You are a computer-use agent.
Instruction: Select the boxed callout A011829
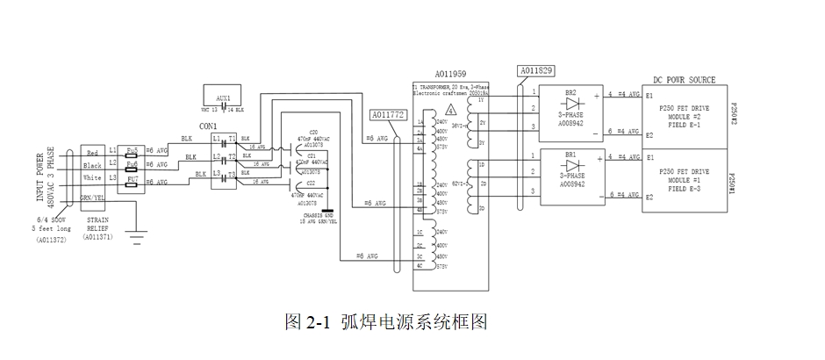(x=536, y=69)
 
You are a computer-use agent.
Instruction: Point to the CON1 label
(x=208, y=126)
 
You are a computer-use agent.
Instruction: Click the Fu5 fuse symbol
(x=133, y=151)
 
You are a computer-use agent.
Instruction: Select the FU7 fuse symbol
(x=133, y=179)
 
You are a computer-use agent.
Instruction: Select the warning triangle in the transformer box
(x=450, y=112)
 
